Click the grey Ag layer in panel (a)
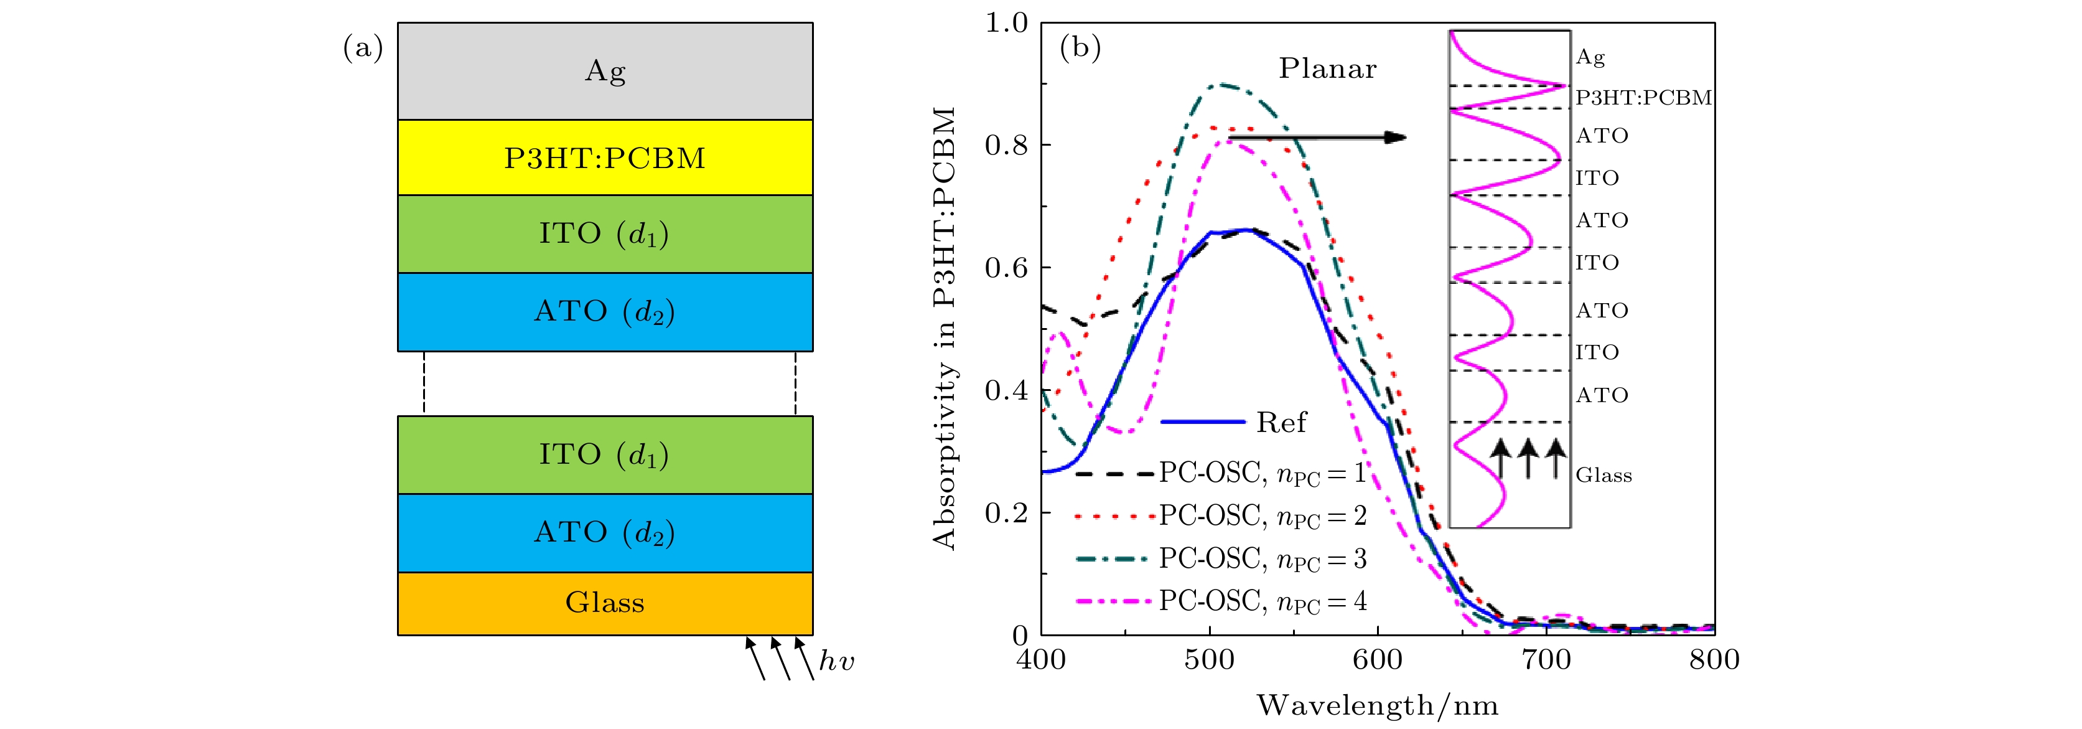(605, 71)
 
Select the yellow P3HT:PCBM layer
(605, 158)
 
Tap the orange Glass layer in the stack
(605, 603)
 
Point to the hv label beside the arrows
(836, 662)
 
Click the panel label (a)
(363, 48)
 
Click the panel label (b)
(1080, 48)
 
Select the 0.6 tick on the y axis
(1006, 268)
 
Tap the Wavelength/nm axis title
(1377, 705)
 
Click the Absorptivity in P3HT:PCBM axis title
(944, 327)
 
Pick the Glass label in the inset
(1604, 475)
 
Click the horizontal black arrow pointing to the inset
(1317, 138)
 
